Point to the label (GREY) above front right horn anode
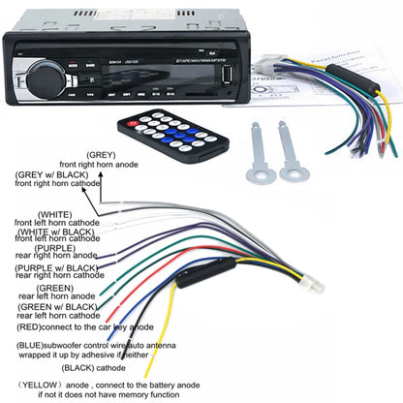click(x=102, y=154)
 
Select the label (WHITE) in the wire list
click(x=53, y=213)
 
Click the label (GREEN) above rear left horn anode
click(x=52, y=288)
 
